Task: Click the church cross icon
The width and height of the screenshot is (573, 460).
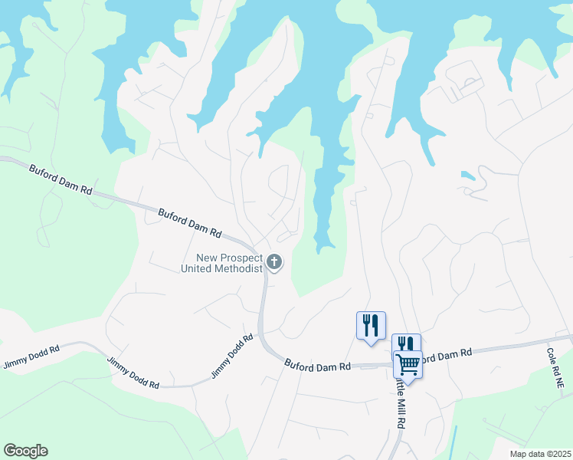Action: click(x=274, y=262)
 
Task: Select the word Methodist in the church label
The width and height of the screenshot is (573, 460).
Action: click(x=242, y=269)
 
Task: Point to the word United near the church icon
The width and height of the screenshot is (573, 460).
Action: click(x=198, y=269)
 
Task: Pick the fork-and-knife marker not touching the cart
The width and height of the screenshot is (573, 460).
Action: click(x=371, y=324)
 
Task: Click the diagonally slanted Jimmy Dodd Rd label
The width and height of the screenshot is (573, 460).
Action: click(x=232, y=356)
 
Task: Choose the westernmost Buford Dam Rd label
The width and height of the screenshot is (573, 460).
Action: click(x=61, y=179)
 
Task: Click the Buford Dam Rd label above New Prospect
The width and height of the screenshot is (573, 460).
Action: click(x=190, y=222)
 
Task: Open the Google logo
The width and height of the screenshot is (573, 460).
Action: click(x=25, y=451)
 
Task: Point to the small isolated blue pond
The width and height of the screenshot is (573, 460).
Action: click(x=467, y=175)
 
